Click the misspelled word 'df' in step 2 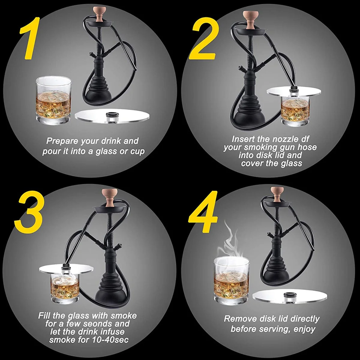(x=304, y=139)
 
